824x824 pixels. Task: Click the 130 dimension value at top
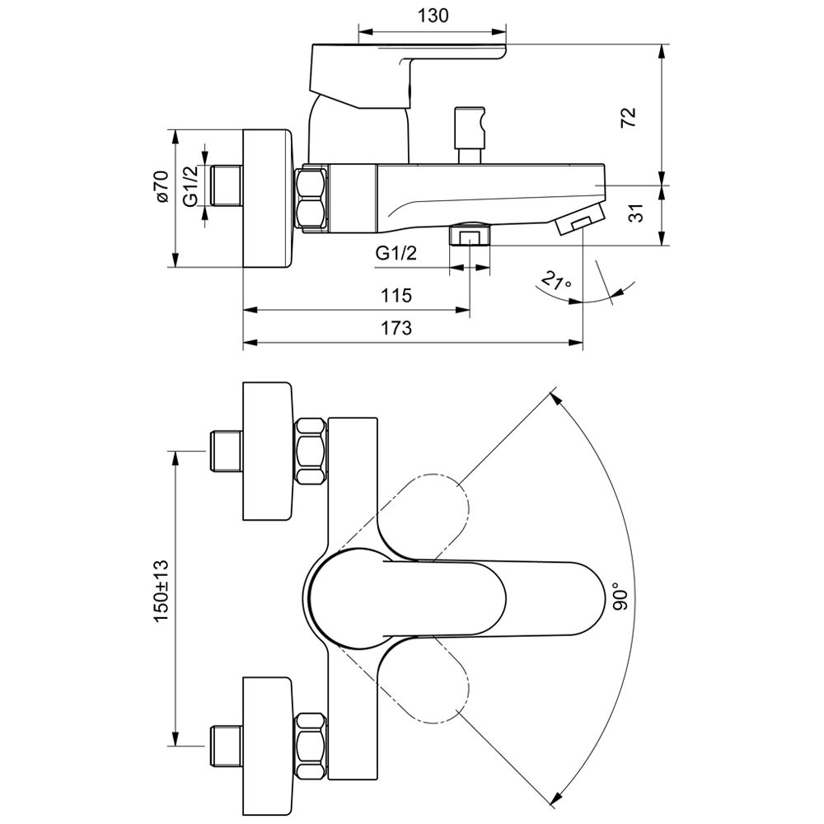click(x=433, y=16)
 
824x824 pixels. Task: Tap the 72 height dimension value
click(x=629, y=117)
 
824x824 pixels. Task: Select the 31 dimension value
click(x=636, y=213)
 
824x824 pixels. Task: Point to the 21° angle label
click(x=556, y=281)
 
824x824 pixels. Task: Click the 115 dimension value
click(x=396, y=295)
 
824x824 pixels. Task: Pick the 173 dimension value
click(x=396, y=328)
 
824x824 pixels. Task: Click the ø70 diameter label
click(x=162, y=186)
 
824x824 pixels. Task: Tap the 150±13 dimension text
click(x=161, y=592)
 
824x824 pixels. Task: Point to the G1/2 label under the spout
click(x=396, y=253)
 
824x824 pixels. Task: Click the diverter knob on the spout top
click(x=470, y=136)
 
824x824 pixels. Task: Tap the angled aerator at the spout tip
click(x=579, y=220)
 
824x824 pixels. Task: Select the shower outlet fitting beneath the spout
click(x=470, y=233)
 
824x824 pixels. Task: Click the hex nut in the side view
click(x=311, y=198)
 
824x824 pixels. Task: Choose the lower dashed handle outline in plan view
click(x=422, y=678)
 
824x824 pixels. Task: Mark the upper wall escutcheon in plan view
click(x=268, y=452)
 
